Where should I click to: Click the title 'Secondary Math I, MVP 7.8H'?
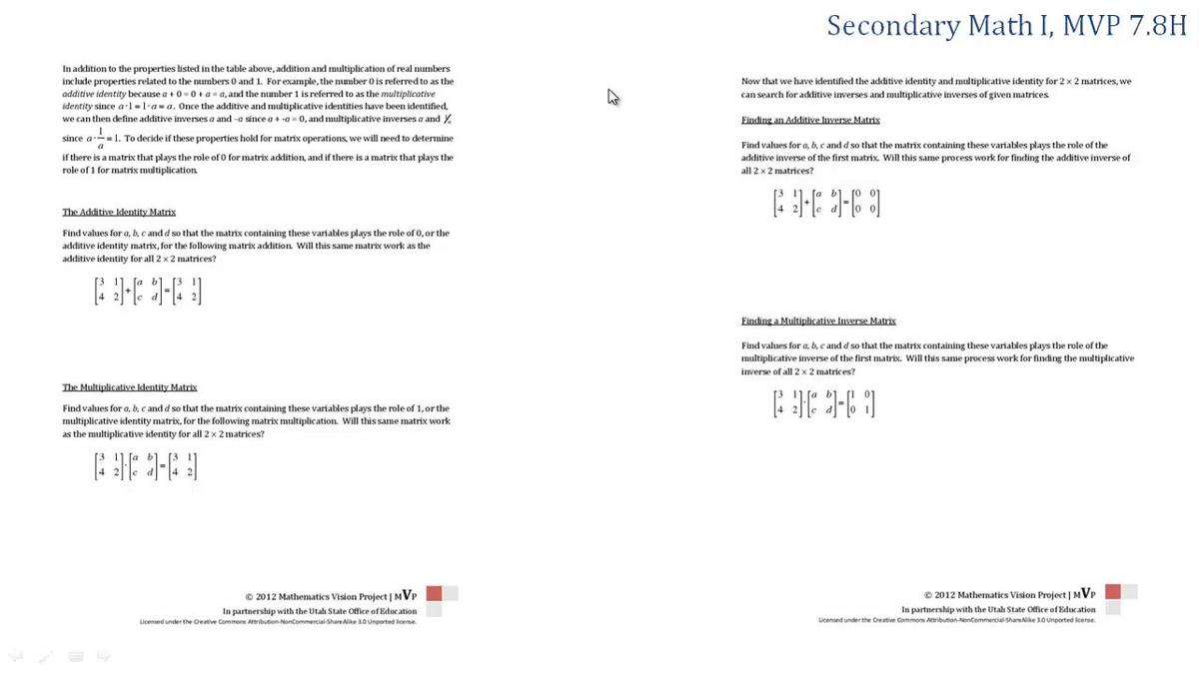(x=1006, y=26)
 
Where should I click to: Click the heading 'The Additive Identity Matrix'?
(x=119, y=213)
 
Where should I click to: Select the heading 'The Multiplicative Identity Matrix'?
(x=130, y=387)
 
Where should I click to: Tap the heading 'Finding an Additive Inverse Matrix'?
(x=810, y=120)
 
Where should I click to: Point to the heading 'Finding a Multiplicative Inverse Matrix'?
(x=818, y=322)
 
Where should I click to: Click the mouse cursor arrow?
(x=613, y=97)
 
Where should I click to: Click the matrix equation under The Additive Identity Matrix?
(x=147, y=289)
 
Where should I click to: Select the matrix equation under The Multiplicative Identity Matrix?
(x=146, y=465)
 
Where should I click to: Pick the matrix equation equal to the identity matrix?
(x=825, y=402)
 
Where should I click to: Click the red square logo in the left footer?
(x=434, y=593)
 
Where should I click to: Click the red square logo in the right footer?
(x=1113, y=592)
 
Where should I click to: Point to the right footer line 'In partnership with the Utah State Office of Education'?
(x=998, y=609)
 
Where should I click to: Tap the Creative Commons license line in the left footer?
(x=278, y=621)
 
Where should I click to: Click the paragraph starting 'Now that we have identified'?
(x=936, y=87)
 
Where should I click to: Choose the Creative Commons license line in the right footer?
(x=956, y=620)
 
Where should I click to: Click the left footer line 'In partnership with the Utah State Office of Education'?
(x=320, y=610)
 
